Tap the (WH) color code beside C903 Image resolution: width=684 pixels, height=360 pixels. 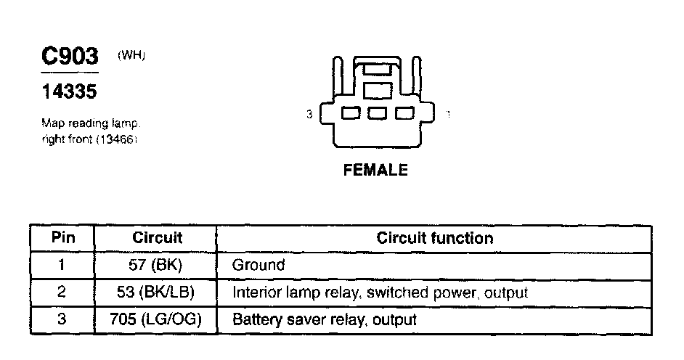[131, 55]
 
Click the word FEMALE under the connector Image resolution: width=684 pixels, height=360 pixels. [375, 171]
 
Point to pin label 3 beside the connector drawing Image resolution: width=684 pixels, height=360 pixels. [309, 115]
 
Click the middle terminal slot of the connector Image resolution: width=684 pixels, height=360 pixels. [376, 114]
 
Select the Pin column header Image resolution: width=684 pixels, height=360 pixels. [62, 238]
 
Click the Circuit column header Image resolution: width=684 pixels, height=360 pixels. [157, 238]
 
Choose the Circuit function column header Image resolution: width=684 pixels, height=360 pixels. [434, 238]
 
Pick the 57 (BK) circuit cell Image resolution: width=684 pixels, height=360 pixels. [157, 266]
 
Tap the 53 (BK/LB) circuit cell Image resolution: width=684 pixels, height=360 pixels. [157, 292]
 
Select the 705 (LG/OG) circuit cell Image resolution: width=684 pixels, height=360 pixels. [157, 319]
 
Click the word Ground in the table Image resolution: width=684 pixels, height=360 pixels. [258, 266]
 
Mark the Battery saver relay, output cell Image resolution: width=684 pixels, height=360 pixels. [324, 319]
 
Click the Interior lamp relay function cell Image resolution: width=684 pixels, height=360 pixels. [379, 292]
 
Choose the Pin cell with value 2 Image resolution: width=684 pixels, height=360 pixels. [62, 292]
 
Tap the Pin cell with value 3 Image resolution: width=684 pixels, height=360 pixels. [62, 319]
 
